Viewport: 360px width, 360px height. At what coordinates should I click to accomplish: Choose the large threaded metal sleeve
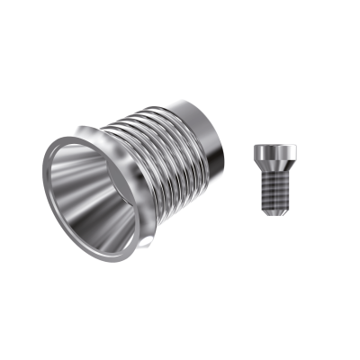coord(144,171)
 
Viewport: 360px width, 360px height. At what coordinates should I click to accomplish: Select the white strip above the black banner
coord(180,31)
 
